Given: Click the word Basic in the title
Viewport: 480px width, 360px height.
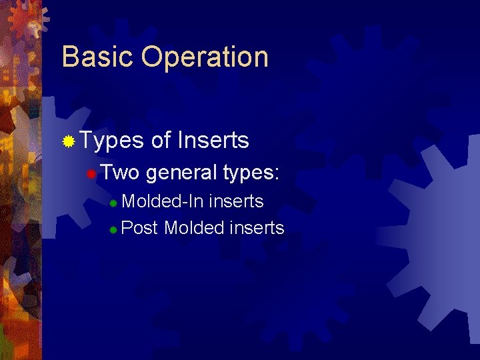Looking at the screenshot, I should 97,57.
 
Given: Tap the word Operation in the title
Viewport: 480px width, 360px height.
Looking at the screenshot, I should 205,58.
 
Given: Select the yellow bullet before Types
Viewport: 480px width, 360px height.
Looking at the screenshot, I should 68,141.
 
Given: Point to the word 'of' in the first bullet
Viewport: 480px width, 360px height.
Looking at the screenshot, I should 161,141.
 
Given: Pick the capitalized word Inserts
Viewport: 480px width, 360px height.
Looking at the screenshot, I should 213,141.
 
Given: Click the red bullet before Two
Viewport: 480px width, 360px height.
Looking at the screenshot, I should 92,174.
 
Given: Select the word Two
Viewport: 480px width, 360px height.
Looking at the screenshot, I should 121,173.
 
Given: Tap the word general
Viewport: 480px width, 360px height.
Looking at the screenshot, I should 181,173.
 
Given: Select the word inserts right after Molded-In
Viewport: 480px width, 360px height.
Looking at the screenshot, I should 237,201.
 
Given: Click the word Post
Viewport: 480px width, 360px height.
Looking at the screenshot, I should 140,228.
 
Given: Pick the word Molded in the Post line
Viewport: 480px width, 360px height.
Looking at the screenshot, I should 194,228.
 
